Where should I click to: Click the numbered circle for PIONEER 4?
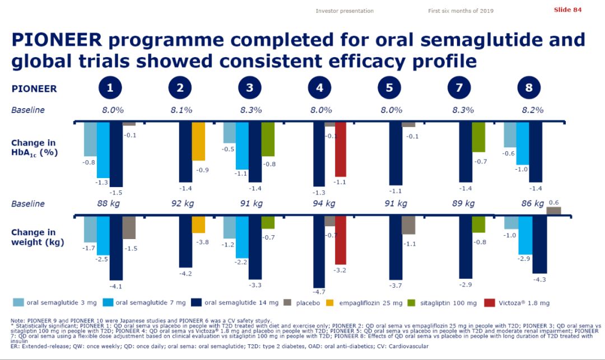[x=319, y=88]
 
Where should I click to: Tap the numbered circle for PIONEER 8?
[x=529, y=88]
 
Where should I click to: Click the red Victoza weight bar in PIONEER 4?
[x=340, y=240]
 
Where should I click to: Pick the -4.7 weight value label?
[x=319, y=292]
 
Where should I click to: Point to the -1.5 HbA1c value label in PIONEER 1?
[x=116, y=192]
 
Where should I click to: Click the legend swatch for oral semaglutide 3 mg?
[x=18, y=303]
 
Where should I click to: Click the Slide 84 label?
[x=567, y=10]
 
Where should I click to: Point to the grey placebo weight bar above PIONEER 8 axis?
[x=553, y=211]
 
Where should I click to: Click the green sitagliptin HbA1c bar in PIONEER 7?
[x=478, y=137]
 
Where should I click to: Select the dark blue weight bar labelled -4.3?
[x=539, y=244]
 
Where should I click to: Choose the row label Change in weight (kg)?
[x=37, y=237]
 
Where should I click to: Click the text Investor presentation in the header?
[x=345, y=11]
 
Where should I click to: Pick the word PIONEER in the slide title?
[x=56, y=40]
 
